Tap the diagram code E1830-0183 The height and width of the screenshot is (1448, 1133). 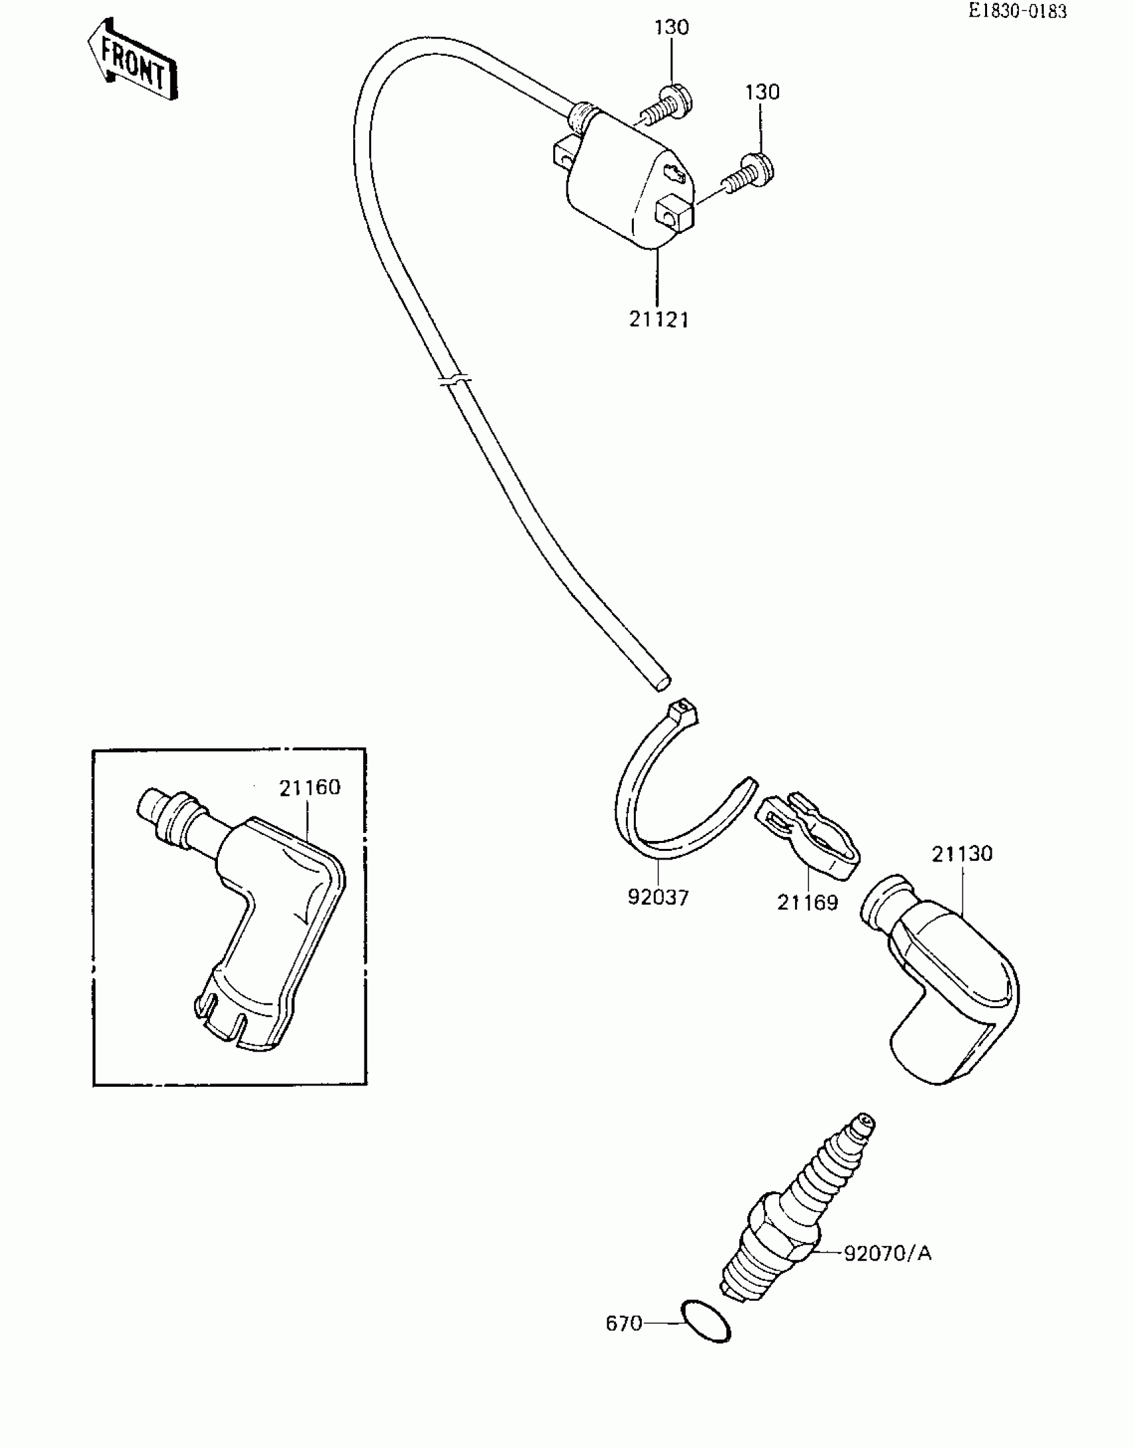coord(1018,11)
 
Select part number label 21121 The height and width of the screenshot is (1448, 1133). coord(658,320)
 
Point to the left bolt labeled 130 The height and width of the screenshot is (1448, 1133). coord(668,107)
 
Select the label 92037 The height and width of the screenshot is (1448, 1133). coord(658,897)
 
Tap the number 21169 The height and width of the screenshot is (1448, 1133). coord(807,902)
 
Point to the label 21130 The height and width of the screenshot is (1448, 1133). coord(962,854)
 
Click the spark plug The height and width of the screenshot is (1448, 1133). coord(793,1213)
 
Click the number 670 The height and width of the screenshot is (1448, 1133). coord(623,1323)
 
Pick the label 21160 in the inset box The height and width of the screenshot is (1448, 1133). coord(309,788)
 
